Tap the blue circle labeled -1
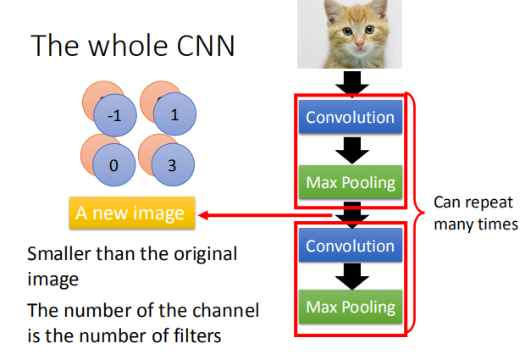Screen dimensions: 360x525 (114, 118)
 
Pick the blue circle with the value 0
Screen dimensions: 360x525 (114, 165)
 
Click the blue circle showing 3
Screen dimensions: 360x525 (172, 165)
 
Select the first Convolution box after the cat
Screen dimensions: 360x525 (351, 117)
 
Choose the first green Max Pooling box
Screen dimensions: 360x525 (351, 182)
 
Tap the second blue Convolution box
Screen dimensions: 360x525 (351, 246)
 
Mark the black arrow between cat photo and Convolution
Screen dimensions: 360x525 (351, 82)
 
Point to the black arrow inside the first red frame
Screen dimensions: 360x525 (351, 150)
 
